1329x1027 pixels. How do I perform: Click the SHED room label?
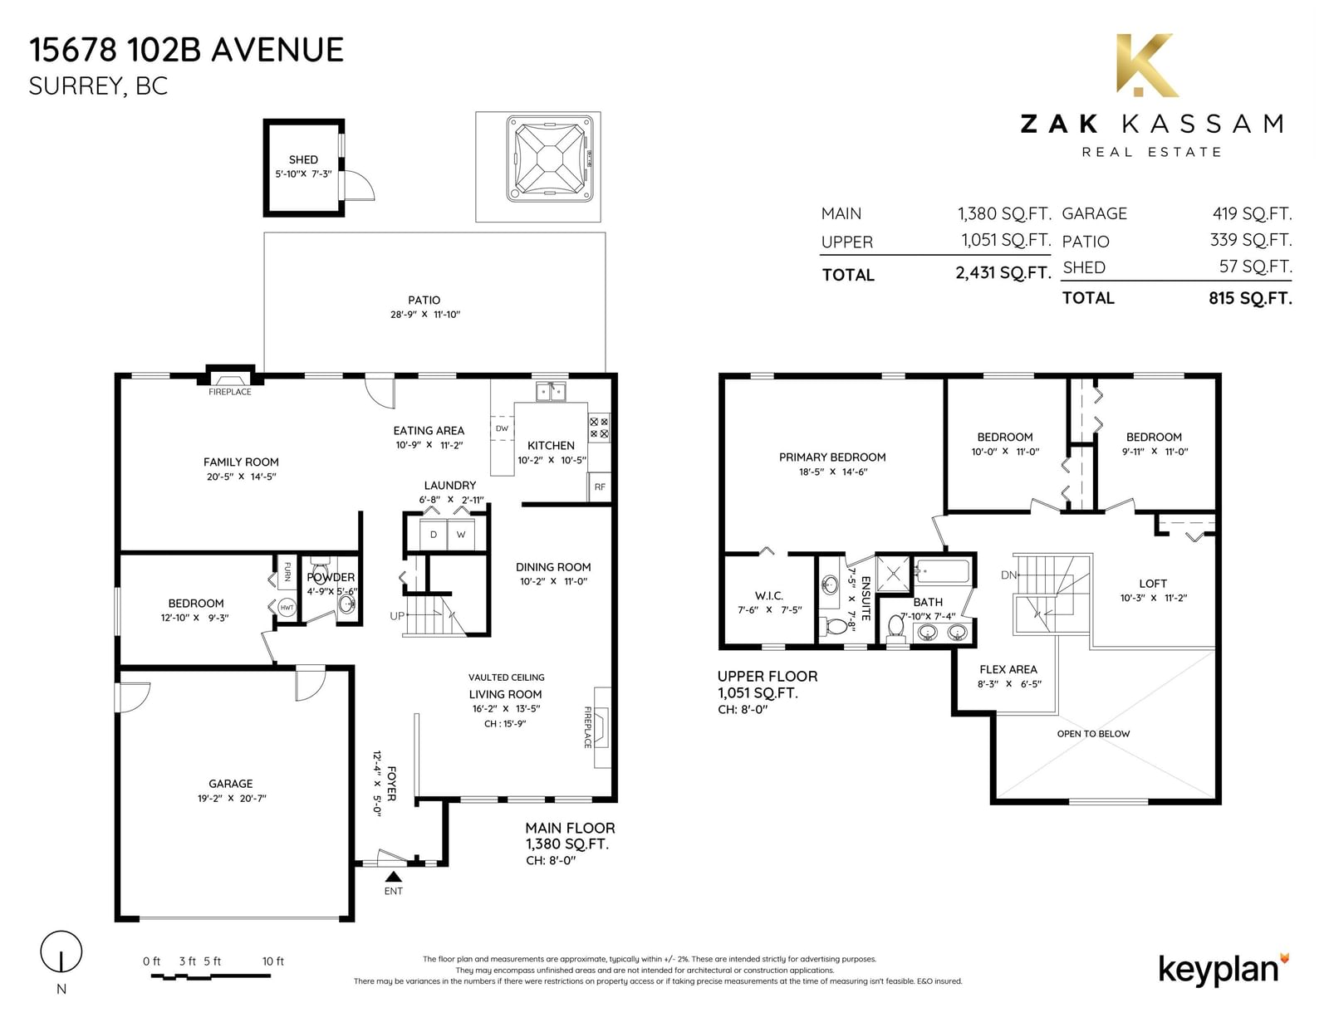pyautogui.click(x=303, y=159)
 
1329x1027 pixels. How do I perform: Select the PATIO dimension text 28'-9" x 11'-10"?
pyautogui.click(x=425, y=314)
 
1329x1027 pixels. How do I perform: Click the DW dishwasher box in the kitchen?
pyautogui.click(x=503, y=428)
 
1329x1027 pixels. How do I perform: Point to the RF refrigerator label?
pyautogui.click(x=600, y=487)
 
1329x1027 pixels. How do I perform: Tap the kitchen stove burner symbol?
pyautogui.click(x=599, y=428)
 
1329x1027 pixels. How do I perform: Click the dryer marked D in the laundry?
pyautogui.click(x=434, y=535)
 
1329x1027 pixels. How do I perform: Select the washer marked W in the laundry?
pyautogui.click(x=461, y=535)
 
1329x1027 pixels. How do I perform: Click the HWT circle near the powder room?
pyautogui.click(x=287, y=607)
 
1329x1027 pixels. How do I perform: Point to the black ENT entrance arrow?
pyautogui.click(x=393, y=877)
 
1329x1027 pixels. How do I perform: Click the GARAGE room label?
pyautogui.click(x=231, y=784)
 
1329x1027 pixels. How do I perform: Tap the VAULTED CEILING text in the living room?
pyautogui.click(x=507, y=677)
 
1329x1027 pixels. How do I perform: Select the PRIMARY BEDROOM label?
pyautogui.click(x=832, y=457)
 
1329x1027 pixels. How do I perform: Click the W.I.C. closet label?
pyautogui.click(x=769, y=595)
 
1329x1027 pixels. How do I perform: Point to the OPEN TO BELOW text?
pyautogui.click(x=1094, y=734)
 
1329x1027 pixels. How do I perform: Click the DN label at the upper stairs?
pyautogui.click(x=1008, y=575)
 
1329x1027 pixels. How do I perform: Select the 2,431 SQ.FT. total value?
pyautogui.click(x=1003, y=272)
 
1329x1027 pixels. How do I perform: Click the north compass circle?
pyautogui.click(x=61, y=951)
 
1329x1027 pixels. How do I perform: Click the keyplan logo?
pyautogui.click(x=1224, y=971)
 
